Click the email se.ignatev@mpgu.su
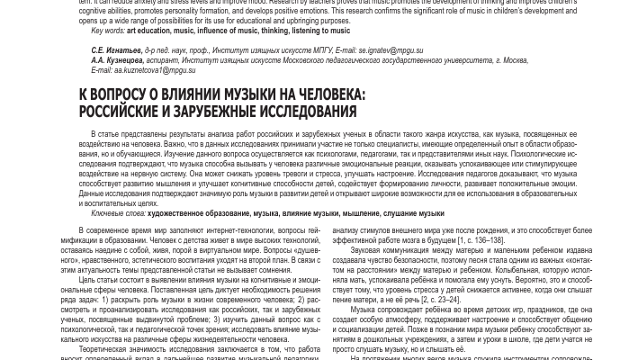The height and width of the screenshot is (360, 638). [x=391, y=51]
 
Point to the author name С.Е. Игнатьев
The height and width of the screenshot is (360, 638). [x=116, y=51]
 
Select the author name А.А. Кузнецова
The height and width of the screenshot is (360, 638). [x=117, y=60]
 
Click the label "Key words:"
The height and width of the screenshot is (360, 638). [x=107, y=31]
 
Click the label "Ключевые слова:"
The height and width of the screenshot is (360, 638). [x=118, y=213]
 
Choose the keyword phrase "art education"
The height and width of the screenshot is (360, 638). [x=148, y=31]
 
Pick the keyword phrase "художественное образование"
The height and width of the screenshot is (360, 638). [x=198, y=213]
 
